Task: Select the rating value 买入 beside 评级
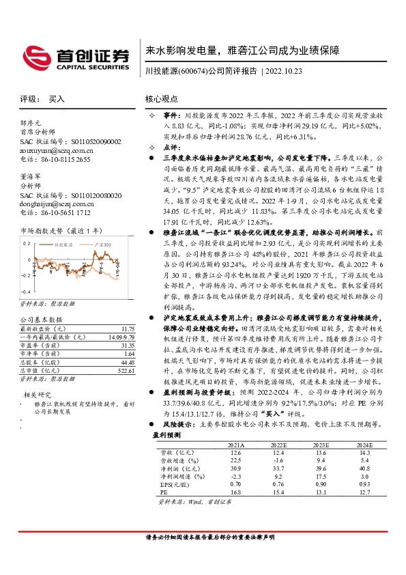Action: pos(57,99)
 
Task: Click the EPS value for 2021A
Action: pos(236,483)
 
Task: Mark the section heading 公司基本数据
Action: pos(41,319)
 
